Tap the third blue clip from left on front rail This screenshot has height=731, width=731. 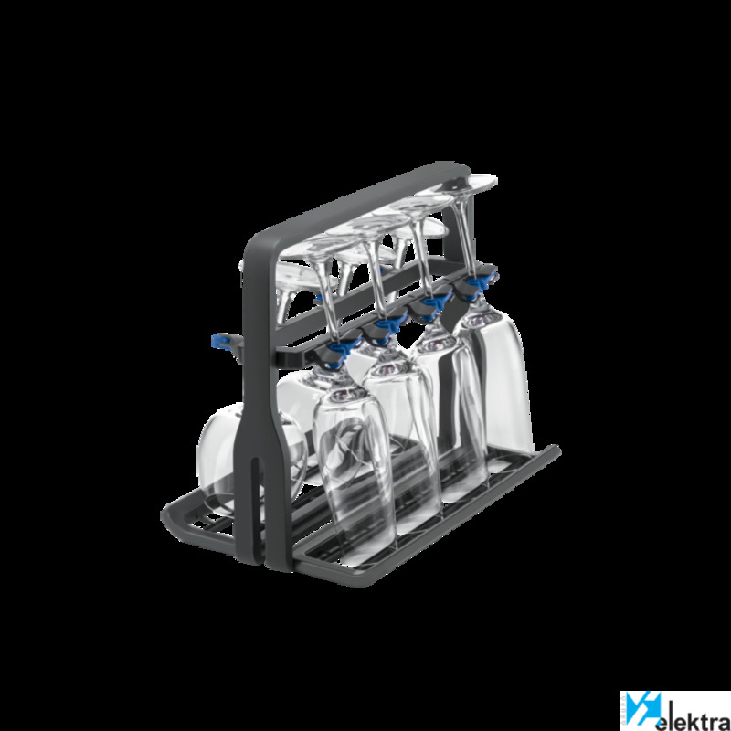pyautogui.click(x=436, y=301)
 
